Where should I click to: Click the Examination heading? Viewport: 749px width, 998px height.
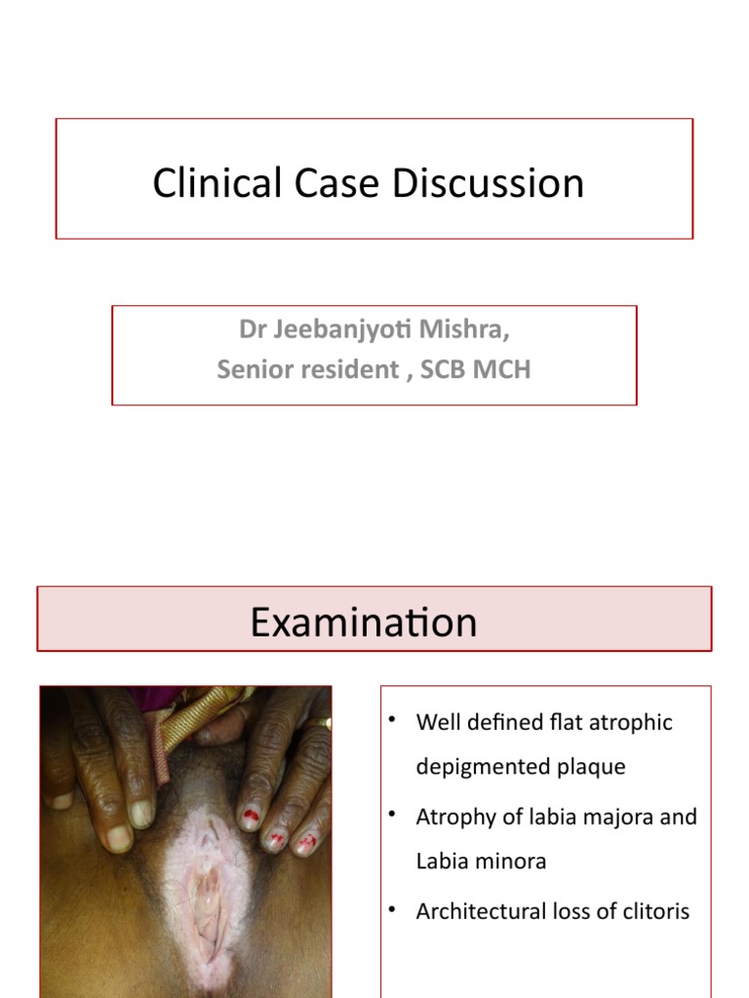point(364,622)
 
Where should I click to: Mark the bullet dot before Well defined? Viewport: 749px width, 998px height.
point(392,720)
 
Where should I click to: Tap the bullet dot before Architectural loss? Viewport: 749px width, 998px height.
point(392,909)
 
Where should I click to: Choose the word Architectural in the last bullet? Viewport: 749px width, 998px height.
point(476,911)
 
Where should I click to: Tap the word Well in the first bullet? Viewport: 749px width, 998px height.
point(434,722)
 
